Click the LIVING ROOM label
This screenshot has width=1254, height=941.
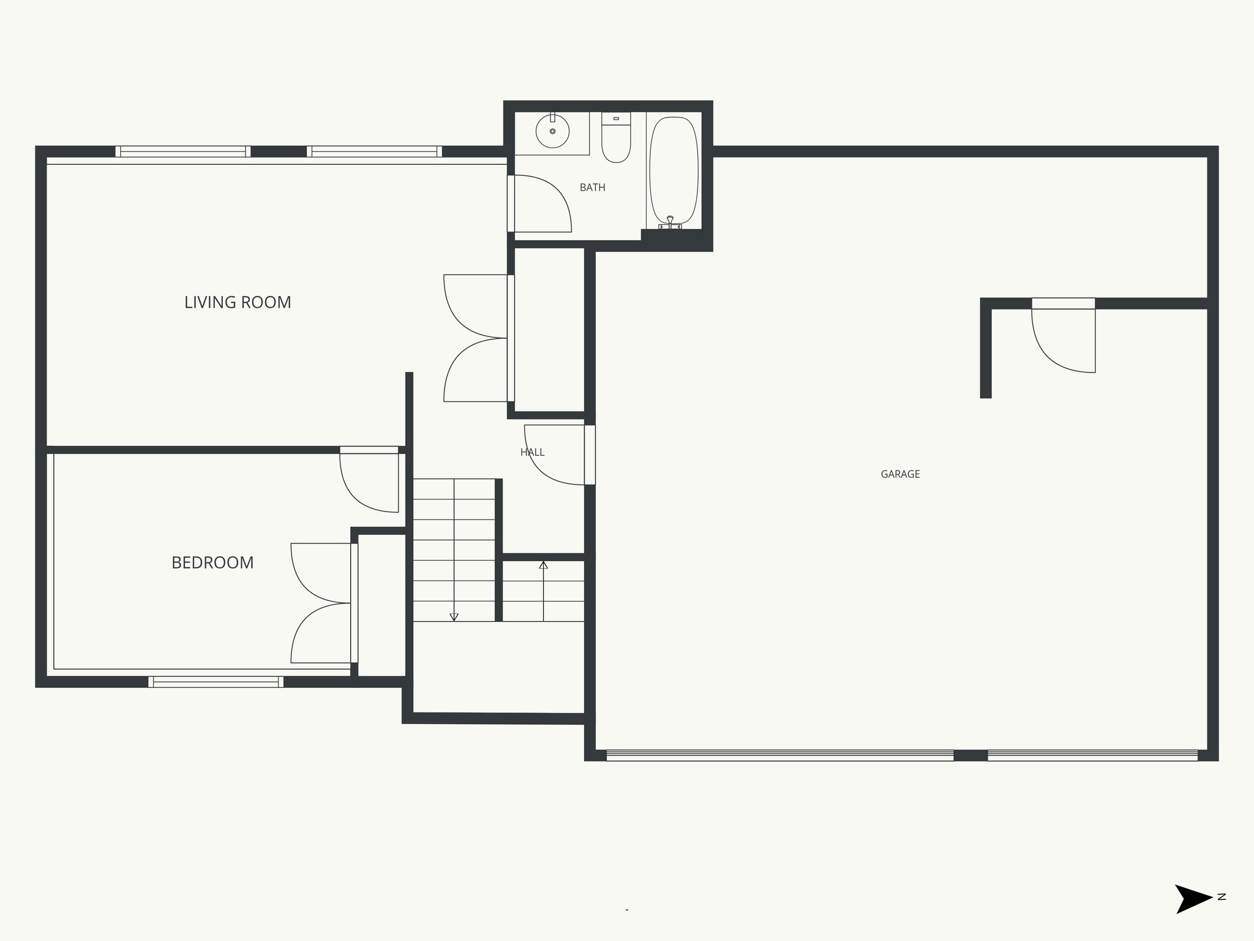point(238,302)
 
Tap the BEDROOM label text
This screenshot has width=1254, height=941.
point(212,562)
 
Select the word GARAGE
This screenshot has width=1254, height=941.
point(900,474)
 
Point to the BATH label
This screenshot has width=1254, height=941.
point(592,187)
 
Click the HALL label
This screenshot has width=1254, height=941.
point(532,452)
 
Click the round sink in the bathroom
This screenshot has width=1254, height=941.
point(552,131)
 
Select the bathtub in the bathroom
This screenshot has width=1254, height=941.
point(674,170)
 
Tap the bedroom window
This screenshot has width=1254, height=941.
point(216,681)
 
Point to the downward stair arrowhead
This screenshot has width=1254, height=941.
point(454,617)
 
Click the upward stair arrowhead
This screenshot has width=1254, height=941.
point(543,565)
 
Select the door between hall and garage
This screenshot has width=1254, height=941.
point(557,455)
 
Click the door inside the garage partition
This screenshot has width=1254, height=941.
point(1063,340)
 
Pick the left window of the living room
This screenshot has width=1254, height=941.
point(182,151)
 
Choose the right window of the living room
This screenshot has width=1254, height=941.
point(374,151)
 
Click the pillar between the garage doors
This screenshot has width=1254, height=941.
point(971,755)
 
